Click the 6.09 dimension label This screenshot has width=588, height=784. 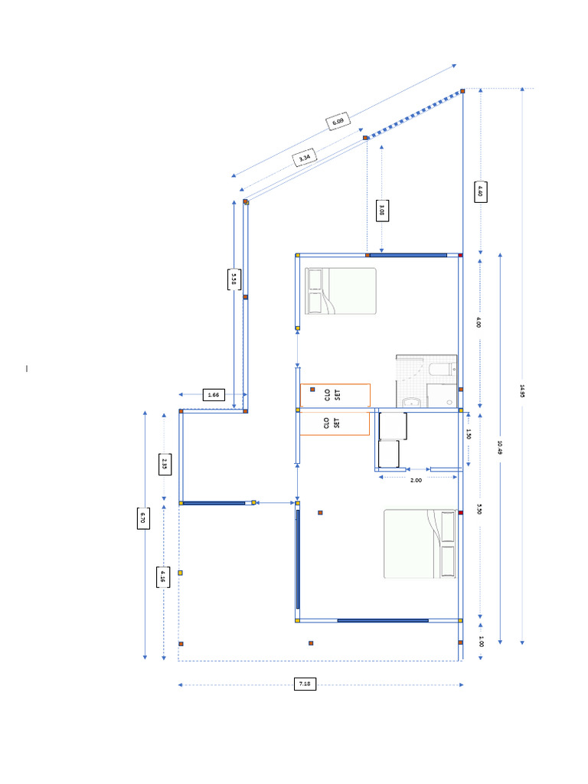tap(338, 121)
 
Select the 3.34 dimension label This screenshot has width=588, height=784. tap(305, 158)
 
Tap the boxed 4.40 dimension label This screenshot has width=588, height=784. tap(480, 191)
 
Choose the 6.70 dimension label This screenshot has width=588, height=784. tap(142, 518)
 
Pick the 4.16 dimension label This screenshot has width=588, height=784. tap(162, 577)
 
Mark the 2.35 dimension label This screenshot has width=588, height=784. tap(164, 464)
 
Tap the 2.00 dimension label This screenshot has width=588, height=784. tap(416, 480)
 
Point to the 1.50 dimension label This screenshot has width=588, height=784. tap(469, 434)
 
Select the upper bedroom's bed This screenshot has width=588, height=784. tap(341, 291)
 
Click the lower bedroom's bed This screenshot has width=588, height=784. tap(420, 544)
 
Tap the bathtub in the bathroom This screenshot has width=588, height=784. tap(441, 371)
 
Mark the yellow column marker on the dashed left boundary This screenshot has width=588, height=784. tap(181, 573)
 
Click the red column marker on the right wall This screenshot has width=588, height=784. tap(461, 512)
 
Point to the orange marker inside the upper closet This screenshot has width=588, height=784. tap(312, 390)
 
